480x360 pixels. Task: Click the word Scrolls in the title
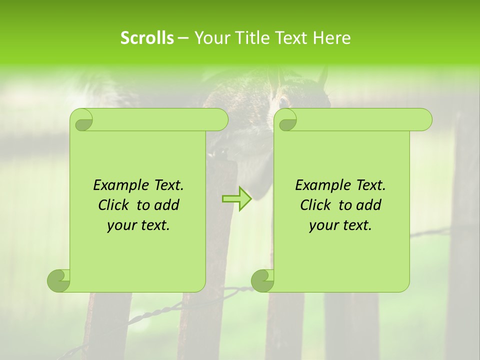pos(147,38)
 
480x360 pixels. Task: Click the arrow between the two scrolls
pos(236,199)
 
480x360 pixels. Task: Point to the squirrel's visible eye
pos(283,102)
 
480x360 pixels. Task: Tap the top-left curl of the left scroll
pos(81,120)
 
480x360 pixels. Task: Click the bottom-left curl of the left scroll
pos(59,280)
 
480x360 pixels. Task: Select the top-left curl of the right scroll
pos(286,120)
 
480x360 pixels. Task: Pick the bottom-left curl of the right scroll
pos(263,280)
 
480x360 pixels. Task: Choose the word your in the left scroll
pos(120,225)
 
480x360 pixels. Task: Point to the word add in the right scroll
pos(368,205)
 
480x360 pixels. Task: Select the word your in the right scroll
pos(322,225)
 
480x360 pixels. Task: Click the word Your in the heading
pos(212,38)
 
